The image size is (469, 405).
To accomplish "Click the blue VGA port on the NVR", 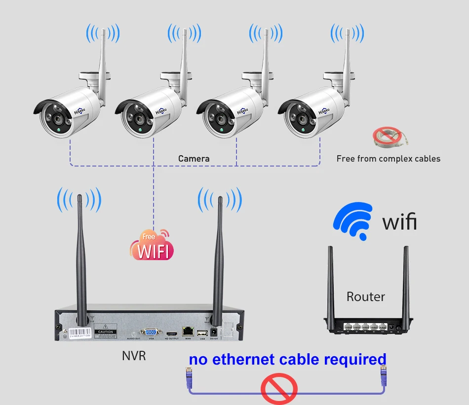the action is tap(149, 332).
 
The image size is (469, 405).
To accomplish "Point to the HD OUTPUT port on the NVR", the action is tap(171, 333).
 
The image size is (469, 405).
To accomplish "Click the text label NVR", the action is tap(134, 355).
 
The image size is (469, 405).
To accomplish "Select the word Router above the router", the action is tap(365, 297).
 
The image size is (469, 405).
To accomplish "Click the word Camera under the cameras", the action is tap(194, 159).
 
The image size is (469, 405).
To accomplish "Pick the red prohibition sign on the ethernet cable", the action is tap(279, 388).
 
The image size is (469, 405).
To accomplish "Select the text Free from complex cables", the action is tap(388, 159).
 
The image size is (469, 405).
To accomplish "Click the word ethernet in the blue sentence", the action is tap(244, 359).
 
